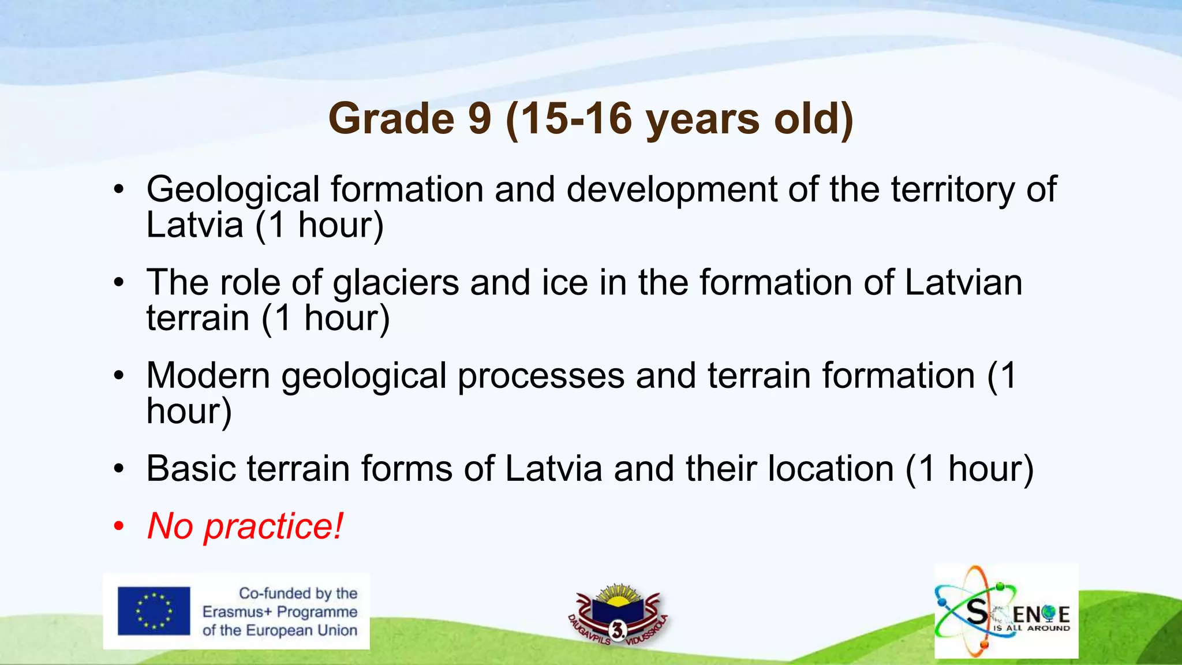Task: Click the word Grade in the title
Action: (391, 119)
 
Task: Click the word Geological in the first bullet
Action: (233, 189)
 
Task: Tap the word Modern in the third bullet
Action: (208, 376)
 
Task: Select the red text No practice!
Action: (245, 526)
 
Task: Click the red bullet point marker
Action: (119, 526)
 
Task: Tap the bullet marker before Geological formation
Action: (119, 189)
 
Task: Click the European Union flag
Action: (154, 611)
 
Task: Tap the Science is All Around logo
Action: (1006, 611)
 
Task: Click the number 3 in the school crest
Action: (617, 631)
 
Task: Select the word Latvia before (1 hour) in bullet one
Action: (194, 225)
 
